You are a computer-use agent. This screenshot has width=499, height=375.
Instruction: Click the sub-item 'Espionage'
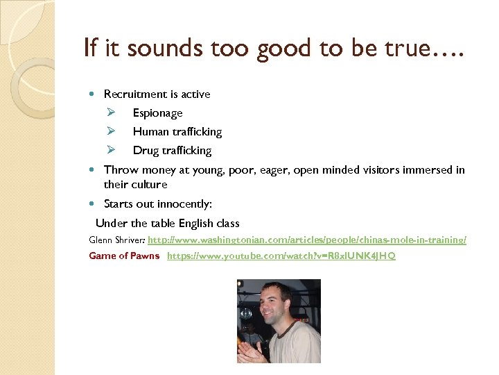(x=157, y=113)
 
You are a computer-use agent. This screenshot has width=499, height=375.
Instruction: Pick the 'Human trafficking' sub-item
(x=177, y=132)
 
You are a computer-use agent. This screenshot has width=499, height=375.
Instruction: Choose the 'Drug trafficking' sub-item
(x=172, y=151)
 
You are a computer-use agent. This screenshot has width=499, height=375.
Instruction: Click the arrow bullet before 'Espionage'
(x=110, y=112)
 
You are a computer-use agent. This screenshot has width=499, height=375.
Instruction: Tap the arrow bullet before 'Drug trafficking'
(x=110, y=150)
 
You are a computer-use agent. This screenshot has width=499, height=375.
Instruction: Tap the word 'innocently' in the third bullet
(x=184, y=204)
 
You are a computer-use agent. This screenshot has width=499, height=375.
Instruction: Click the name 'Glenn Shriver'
(x=116, y=240)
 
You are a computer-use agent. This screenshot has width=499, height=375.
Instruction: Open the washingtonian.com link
(x=307, y=240)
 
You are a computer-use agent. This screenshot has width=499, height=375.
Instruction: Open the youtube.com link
(x=281, y=256)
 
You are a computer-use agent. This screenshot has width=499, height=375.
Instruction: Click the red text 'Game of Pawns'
(x=124, y=256)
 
